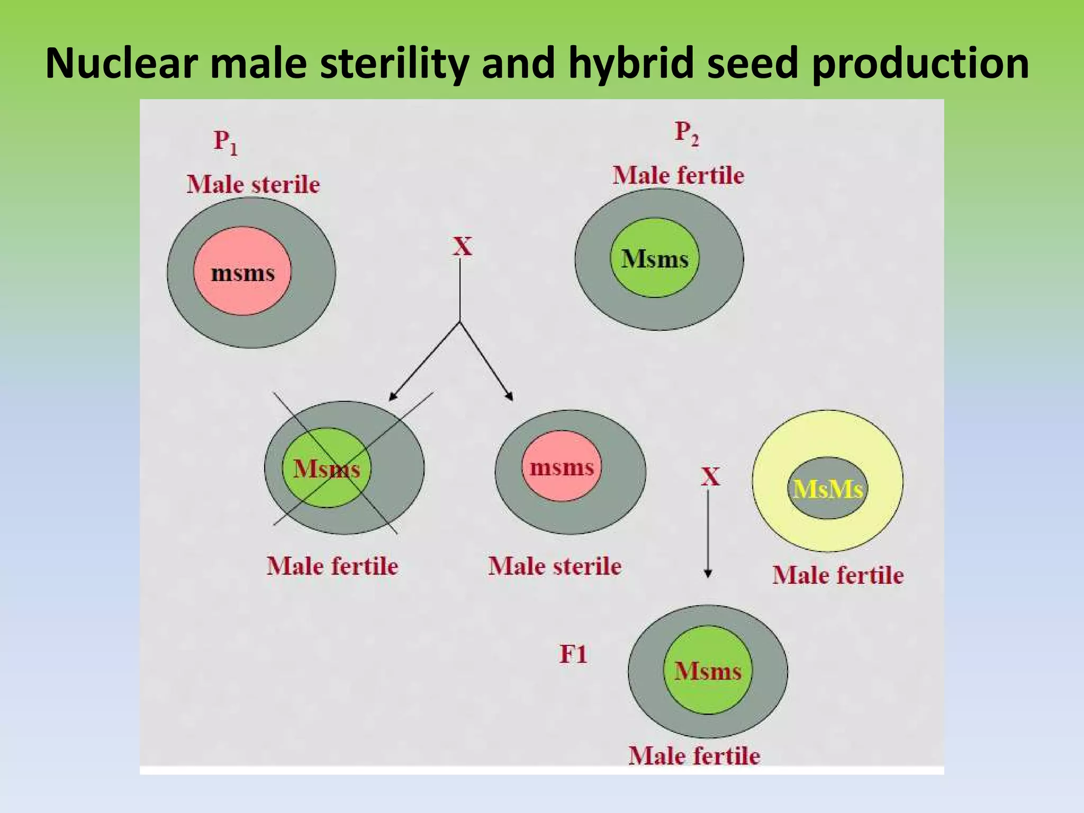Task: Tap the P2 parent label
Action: [686, 133]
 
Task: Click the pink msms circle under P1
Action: [242, 272]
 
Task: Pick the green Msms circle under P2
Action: [654, 258]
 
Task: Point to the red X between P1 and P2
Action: [462, 247]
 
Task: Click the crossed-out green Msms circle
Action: [327, 468]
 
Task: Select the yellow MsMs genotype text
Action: [828, 489]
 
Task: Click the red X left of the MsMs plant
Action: [710, 477]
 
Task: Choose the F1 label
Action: [573, 655]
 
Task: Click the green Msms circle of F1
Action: [708, 671]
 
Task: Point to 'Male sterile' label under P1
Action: [253, 185]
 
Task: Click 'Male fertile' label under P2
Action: [678, 175]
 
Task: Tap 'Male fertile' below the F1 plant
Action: [694, 755]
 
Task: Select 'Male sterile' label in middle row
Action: [554, 566]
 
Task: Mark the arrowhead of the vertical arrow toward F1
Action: [708, 574]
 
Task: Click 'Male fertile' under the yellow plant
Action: [837, 575]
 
